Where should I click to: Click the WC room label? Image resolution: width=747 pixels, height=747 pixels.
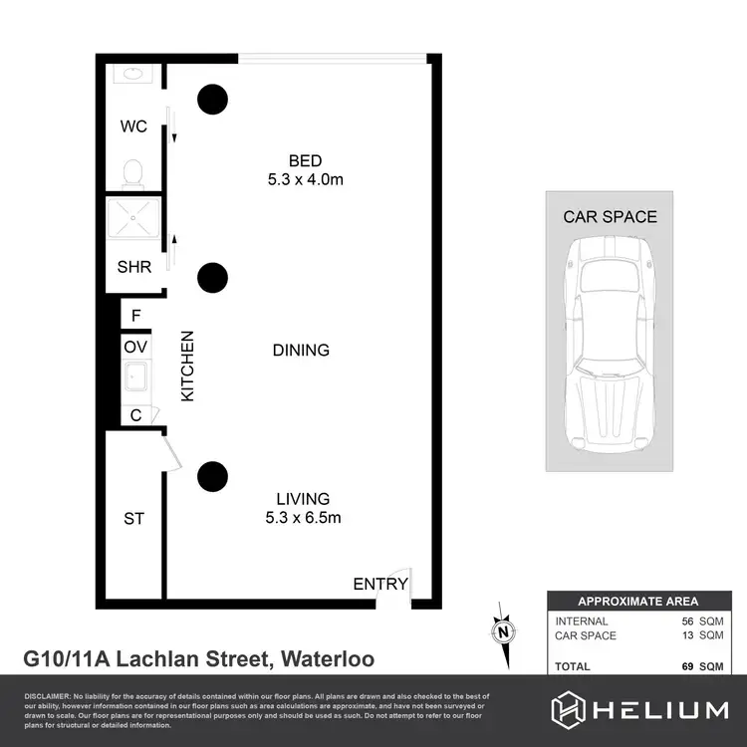click(x=133, y=126)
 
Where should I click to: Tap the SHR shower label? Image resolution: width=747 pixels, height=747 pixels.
click(x=133, y=267)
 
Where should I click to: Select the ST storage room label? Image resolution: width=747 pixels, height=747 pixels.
click(x=133, y=519)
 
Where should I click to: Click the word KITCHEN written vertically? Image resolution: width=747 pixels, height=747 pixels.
click(x=185, y=366)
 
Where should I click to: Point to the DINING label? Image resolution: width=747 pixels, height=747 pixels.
click(x=301, y=351)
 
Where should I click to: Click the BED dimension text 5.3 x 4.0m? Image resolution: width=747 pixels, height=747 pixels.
click(x=306, y=179)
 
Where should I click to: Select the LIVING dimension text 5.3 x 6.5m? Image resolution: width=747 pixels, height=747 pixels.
click(x=304, y=517)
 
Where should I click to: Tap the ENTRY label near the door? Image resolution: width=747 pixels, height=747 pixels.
click(x=380, y=584)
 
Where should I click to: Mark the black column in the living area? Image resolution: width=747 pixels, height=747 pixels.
click(x=212, y=476)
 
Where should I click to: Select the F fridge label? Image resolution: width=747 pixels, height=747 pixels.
click(x=136, y=317)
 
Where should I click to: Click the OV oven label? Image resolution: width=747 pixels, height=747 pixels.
click(x=135, y=347)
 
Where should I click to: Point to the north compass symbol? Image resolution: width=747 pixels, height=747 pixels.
click(x=504, y=629)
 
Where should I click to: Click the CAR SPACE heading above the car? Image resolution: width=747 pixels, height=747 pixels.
click(x=610, y=216)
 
